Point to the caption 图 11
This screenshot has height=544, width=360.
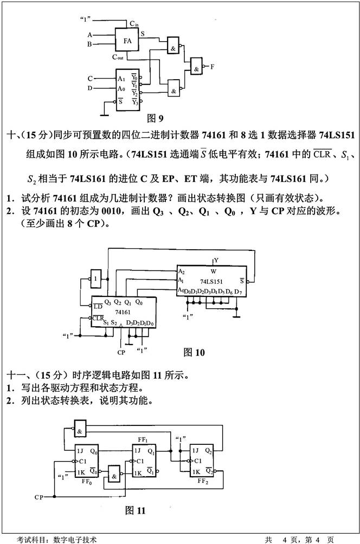point(136,510)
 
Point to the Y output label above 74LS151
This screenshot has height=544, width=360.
point(216,261)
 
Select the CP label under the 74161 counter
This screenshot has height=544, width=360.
point(121,353)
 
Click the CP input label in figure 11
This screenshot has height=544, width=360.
point(39,496)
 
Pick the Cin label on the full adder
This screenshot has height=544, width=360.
point(134,23)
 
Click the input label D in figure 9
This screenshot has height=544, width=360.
point(90,88)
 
